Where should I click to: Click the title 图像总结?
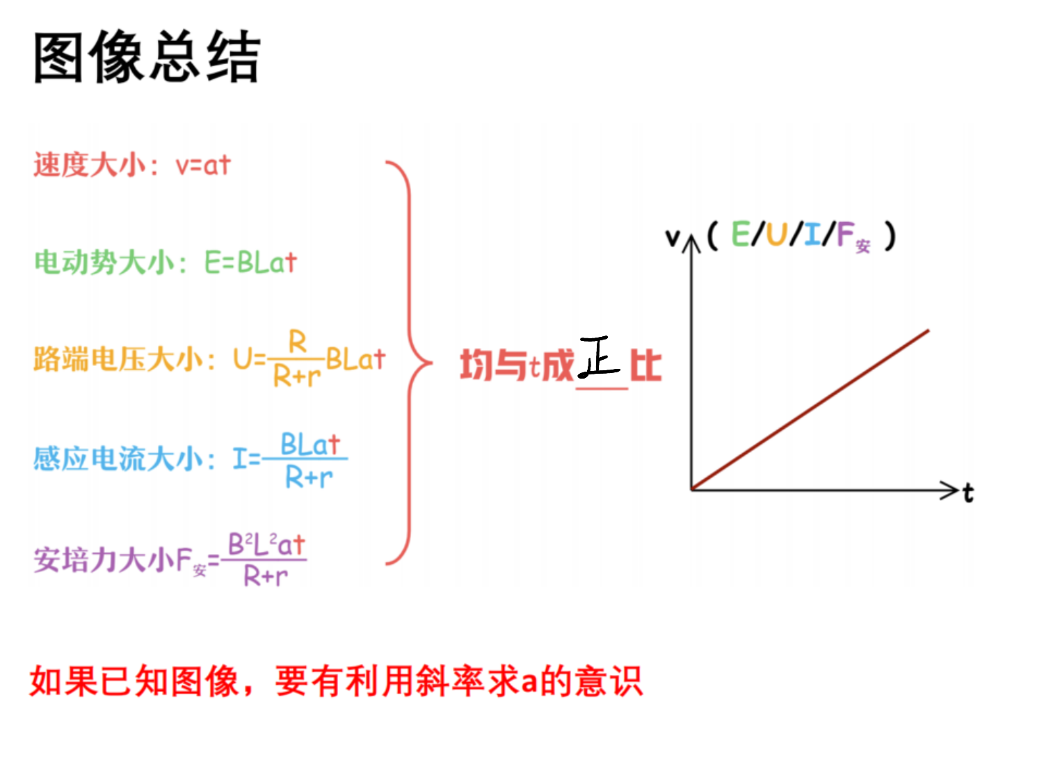(x=147, y=57)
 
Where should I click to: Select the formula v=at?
(x=203, y=164)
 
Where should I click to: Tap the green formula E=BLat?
(x=251, y=262)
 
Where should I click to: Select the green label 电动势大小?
(x=104, y=262)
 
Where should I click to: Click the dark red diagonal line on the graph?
(x=810, y=411)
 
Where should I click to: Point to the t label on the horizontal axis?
(x=968, y=493)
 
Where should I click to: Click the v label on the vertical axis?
(x=672, y=238)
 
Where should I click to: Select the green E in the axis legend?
(x=741, y=234)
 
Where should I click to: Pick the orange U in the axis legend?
(x=776, y=234)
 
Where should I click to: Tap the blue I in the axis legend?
(x=812, y=234)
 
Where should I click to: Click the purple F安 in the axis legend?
(x=853, y=237)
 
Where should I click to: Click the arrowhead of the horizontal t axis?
(x=950, y=490)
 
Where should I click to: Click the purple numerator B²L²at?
(x=266, y=544)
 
